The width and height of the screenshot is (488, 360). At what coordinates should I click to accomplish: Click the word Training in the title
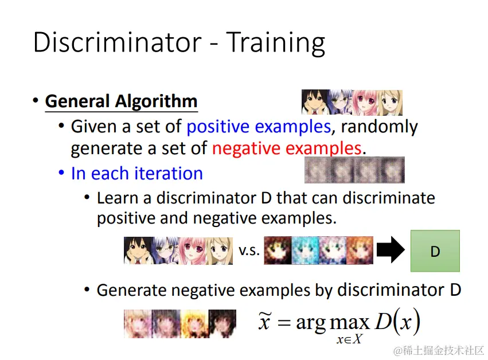(x=275, y=43)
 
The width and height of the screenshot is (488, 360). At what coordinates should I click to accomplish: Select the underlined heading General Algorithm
(x=122, y=101)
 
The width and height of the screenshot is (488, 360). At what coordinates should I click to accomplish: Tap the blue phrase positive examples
(x=259, y=127)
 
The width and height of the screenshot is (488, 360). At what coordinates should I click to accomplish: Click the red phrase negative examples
(x=287, y=148)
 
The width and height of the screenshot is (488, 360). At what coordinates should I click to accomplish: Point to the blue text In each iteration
(x=137, y=173)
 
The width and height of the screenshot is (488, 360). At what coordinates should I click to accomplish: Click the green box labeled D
(x=435, y=251)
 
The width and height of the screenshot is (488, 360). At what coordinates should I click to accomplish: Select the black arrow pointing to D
(x=391, y=250)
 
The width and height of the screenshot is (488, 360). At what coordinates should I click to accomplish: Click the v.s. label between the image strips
(x=249, y=251)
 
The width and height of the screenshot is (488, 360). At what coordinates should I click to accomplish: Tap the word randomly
(x=379, y=127)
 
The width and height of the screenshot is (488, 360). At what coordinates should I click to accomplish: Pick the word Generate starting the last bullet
(x=131, y=290)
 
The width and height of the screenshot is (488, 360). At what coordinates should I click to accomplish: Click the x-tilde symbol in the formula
(x=264, y=321)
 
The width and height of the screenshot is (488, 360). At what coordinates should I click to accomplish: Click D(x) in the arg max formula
(x=397, y=321)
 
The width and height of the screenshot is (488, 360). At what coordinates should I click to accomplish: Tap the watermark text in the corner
(x=439, y=351)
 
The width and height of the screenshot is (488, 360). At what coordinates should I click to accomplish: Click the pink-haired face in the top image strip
(x=365, y=103)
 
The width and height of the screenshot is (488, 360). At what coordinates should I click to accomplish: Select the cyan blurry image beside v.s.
(x=305, y=251)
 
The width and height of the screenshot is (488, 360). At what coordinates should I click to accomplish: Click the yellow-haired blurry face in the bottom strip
(x=194, y=323)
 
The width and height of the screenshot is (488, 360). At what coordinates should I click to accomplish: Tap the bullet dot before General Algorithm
(x=36, y=101)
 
